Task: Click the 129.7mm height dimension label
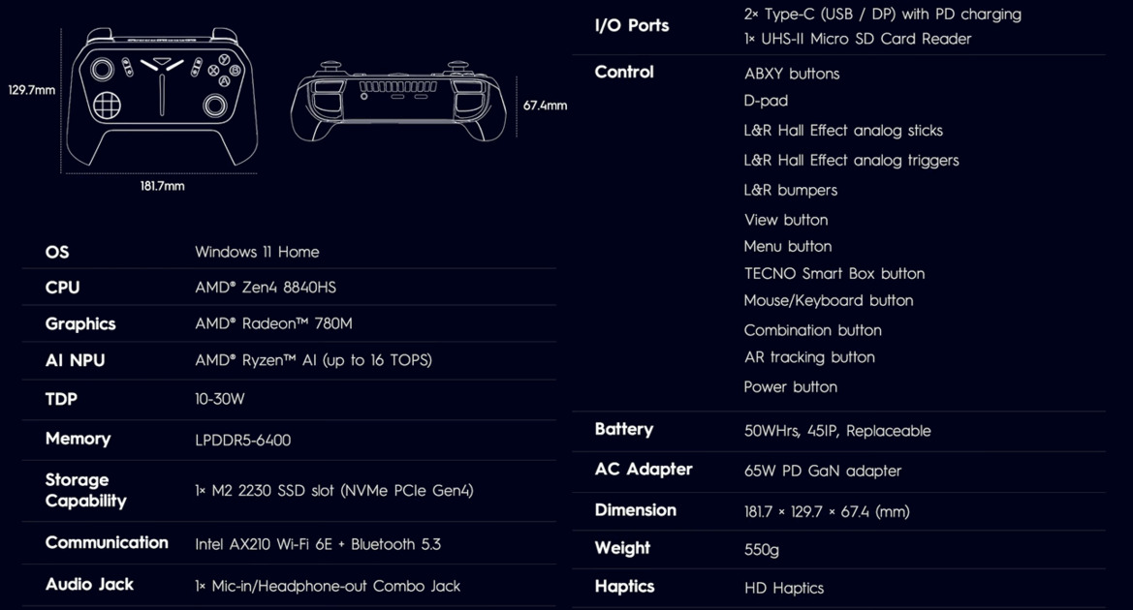pos(32,90)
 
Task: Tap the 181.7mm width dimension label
pos(162,186)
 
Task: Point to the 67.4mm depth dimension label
pos(545,106)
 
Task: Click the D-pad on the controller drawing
pos(107,106)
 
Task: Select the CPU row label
pos(62,288)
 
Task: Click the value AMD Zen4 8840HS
pos(266,288)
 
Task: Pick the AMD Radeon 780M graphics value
pos(273,323)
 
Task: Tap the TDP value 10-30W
pos(220,399)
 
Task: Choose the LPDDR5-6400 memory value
pos(242,440)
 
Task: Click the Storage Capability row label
pos(85,490)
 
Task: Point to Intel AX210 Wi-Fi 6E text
pos(263,544)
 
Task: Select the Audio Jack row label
pos(89,584)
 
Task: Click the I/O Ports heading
pos(632,26)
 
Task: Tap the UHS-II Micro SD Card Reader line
pos(858,39)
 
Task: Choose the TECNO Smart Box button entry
pos(834,274)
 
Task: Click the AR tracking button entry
pos(809,357)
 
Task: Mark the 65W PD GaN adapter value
pos(823,471)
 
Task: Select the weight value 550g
pos(762,550)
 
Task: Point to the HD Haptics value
pos(784,589)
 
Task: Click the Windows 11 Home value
pos(257,252)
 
